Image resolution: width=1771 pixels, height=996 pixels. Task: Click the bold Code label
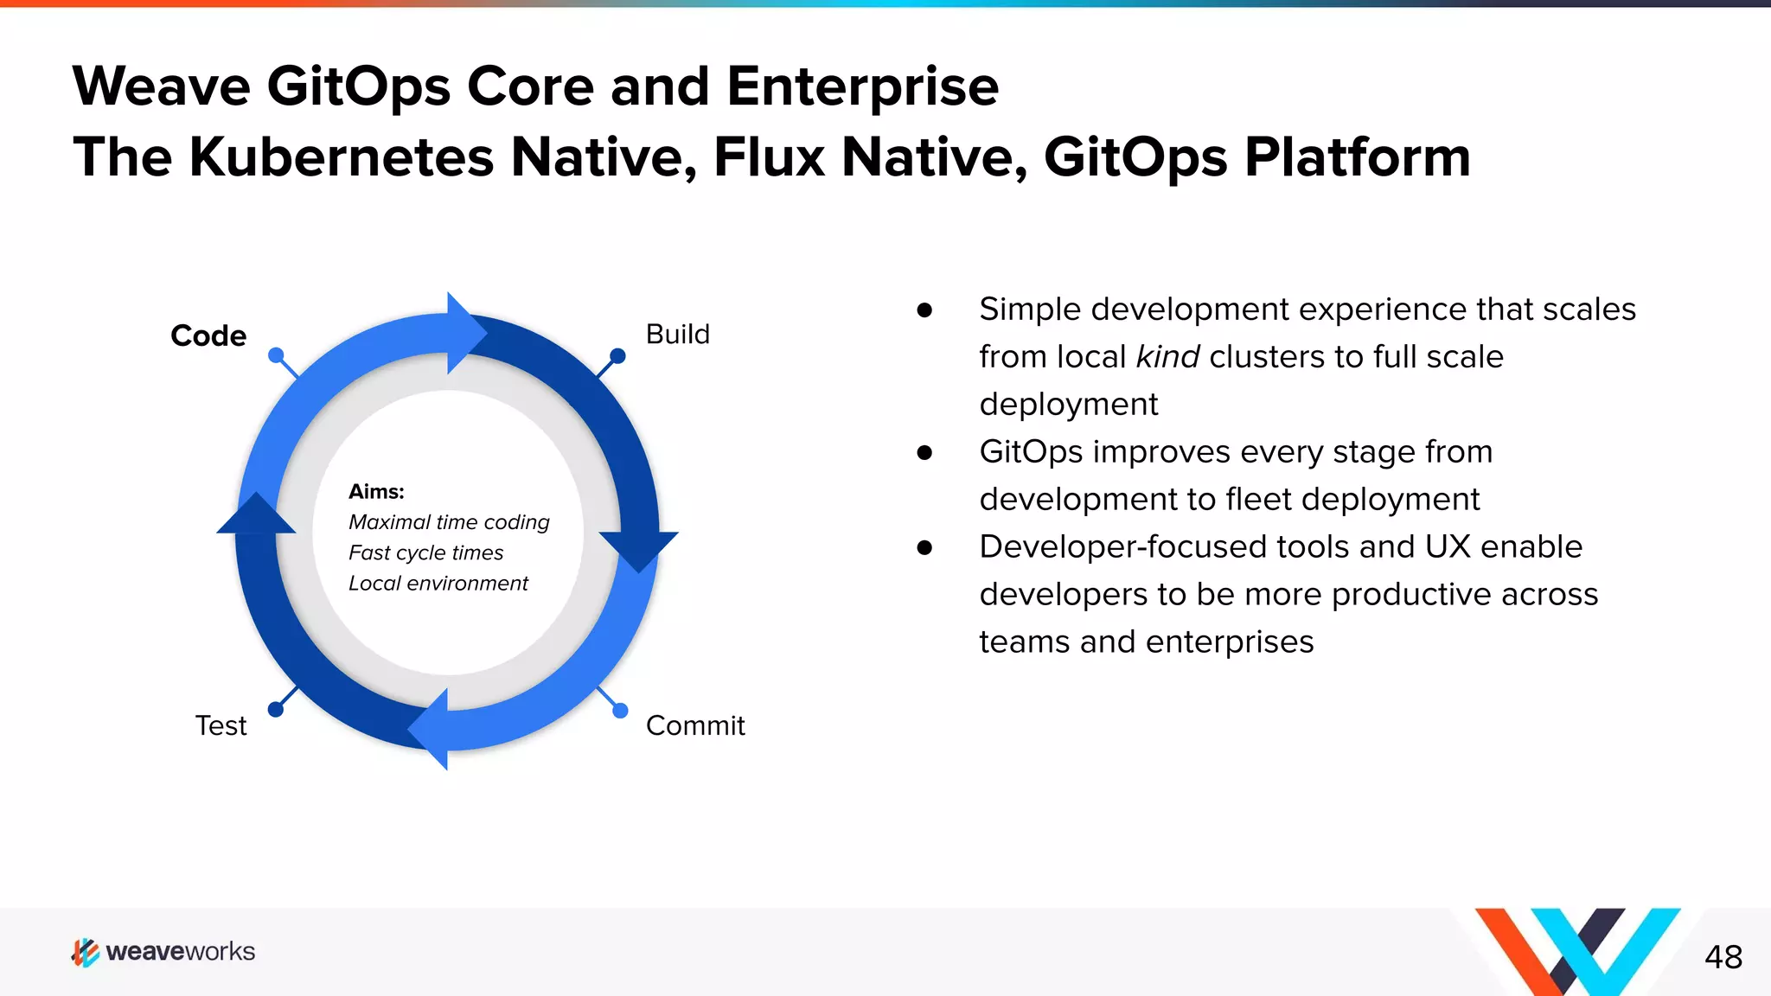[x=208, y=335]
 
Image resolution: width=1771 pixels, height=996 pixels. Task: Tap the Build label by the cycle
[x=677, y=335]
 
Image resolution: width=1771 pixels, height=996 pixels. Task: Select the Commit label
[x=694, y=725]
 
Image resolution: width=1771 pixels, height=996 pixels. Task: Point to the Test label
[x=221, y=725]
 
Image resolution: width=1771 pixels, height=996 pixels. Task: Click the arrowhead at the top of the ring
[x=464, y=333]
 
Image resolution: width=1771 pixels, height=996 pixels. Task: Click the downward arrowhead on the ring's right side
[x=638, y=549]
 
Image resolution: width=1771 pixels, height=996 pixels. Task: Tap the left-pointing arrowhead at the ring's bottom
[x=431, y=729]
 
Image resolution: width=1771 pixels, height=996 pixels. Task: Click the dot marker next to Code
[x=276, y=355]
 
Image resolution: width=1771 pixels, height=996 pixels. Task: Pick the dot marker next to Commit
[x=620, y=711]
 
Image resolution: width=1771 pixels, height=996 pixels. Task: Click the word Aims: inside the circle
[x=376, y=492]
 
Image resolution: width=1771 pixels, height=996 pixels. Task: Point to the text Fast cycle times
[x=425, y=552]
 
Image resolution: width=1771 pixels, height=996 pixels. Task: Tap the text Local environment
[x=438, y=584]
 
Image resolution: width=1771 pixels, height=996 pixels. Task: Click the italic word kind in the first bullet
[x=1167, y=357]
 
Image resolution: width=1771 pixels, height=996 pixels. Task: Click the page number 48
[x=1723, y=957]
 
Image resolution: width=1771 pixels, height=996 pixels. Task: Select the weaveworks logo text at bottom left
[x=180, y=952]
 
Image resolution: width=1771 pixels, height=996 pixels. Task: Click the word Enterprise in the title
[x=862, y=86]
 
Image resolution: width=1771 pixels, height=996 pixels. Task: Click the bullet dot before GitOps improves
[x=924, y=452]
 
